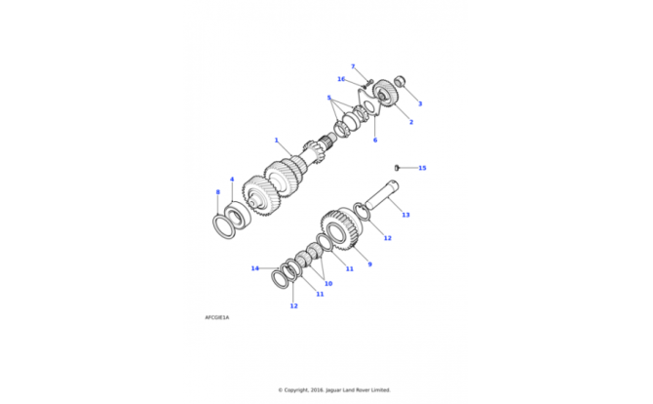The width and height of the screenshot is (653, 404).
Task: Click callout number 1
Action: point(276,141)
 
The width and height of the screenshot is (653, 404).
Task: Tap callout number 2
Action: point(411,122)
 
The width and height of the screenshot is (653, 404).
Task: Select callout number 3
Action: point(420,103)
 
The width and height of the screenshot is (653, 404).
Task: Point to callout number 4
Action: point(232,180)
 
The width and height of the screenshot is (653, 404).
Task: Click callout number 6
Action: point(375,141)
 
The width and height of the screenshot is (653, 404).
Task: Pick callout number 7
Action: point(353,66)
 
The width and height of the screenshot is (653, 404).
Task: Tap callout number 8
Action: point(217,192)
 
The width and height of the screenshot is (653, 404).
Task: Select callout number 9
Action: point(369,264)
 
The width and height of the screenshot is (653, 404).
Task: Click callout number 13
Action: point(405,215)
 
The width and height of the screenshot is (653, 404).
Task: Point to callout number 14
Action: point(255,268)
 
